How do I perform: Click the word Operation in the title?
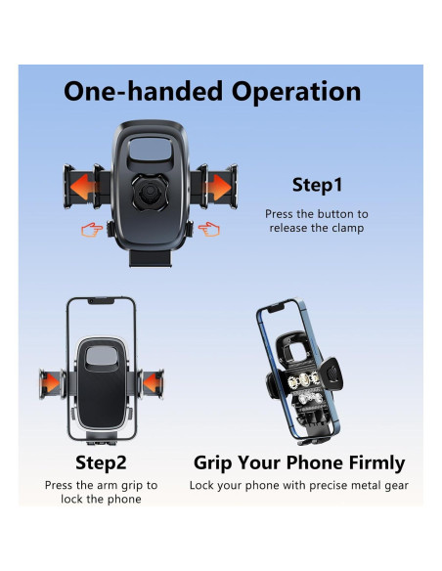pos(296,93)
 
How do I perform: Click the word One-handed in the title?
pos(143,91)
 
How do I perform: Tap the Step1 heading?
pos(317,185)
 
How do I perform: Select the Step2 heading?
pos(101,462)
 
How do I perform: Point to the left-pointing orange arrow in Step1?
pos(82,187)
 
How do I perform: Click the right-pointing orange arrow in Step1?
pos(219,187)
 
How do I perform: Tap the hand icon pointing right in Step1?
pos(92,230)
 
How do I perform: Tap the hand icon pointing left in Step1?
pos(209,229)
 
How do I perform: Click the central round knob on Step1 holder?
pos(150,192)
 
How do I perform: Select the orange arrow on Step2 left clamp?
pos(51,383)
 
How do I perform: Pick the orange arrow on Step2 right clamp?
pos(152,383)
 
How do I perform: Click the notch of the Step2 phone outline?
pos(101,301)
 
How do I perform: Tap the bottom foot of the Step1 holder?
pos(150,258)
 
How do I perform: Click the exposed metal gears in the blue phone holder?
pos(305,388)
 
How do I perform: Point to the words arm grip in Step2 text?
pos(119,486)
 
